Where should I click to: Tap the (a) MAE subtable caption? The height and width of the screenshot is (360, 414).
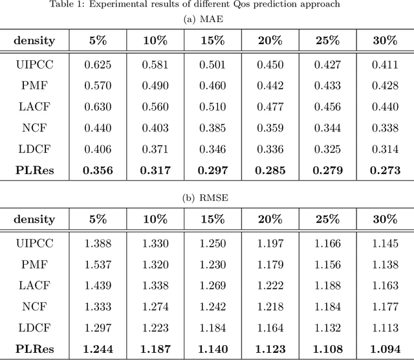pos(207,19)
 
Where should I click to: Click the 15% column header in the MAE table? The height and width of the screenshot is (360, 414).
pos(212,40)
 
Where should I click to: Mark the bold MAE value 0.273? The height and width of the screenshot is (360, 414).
pos(385,171)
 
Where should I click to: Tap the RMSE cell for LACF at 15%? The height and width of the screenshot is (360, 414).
pos(212,286)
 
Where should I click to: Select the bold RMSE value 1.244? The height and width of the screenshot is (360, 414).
pos(97,350)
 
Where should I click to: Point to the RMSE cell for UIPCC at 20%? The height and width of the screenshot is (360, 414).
pos(270,243)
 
